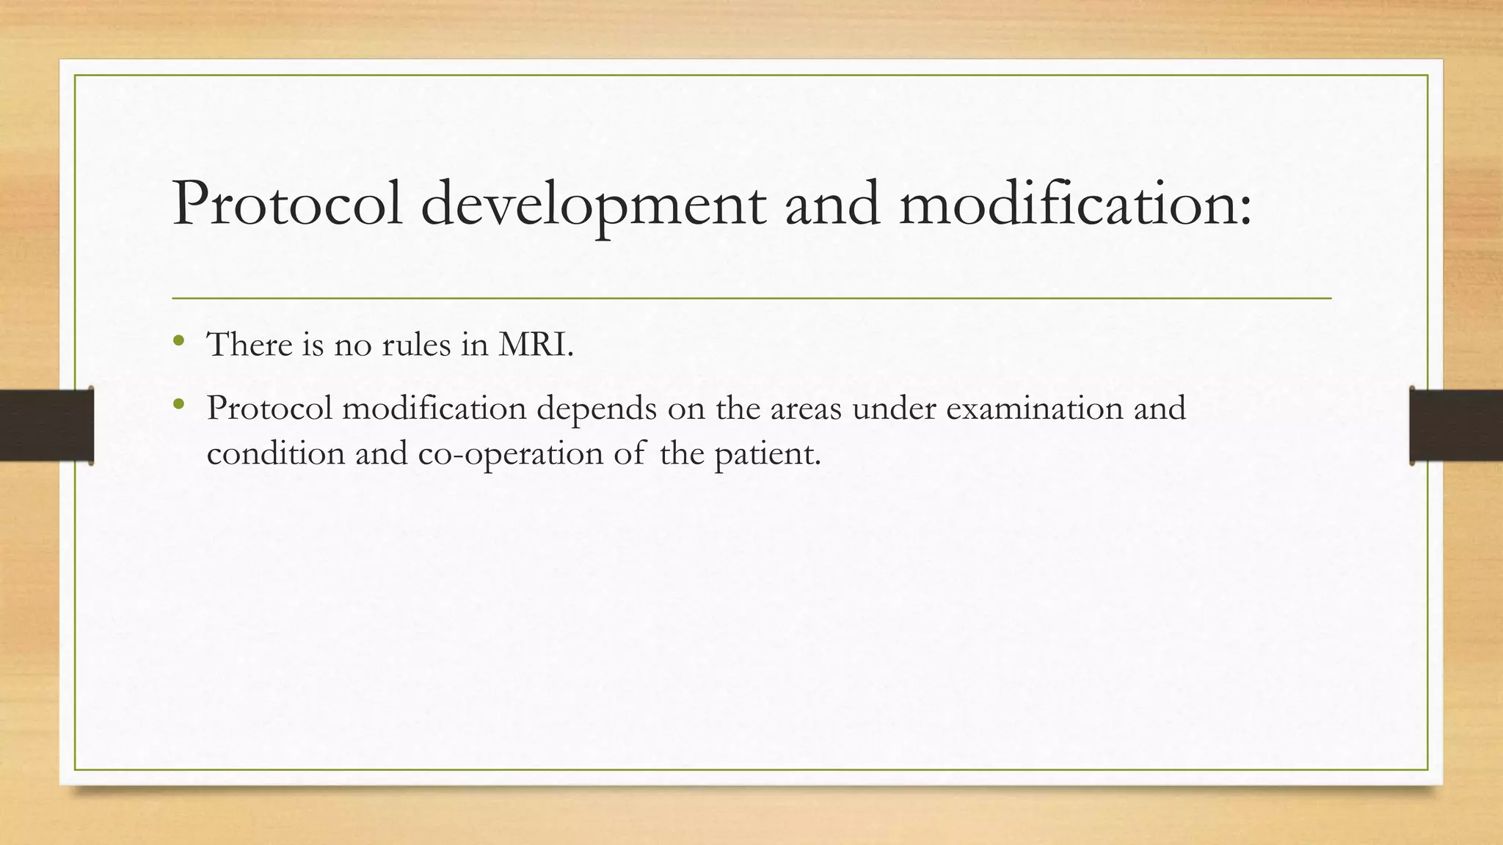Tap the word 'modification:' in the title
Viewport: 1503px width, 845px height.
click(x=1075, y=204)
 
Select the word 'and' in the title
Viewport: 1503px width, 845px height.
click(x=832, y=204)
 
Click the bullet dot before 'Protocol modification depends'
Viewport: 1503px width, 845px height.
click(x=178, y=403)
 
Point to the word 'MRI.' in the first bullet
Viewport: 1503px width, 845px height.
click(x=536, y=344)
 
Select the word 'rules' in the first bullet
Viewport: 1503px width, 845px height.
click(x=416, y=344)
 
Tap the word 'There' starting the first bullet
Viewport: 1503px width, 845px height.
click(x=250, y=344)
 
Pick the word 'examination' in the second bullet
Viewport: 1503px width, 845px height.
click(x=1034, y=409)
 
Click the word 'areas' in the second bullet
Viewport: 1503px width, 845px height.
click(x=805, y=409)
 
